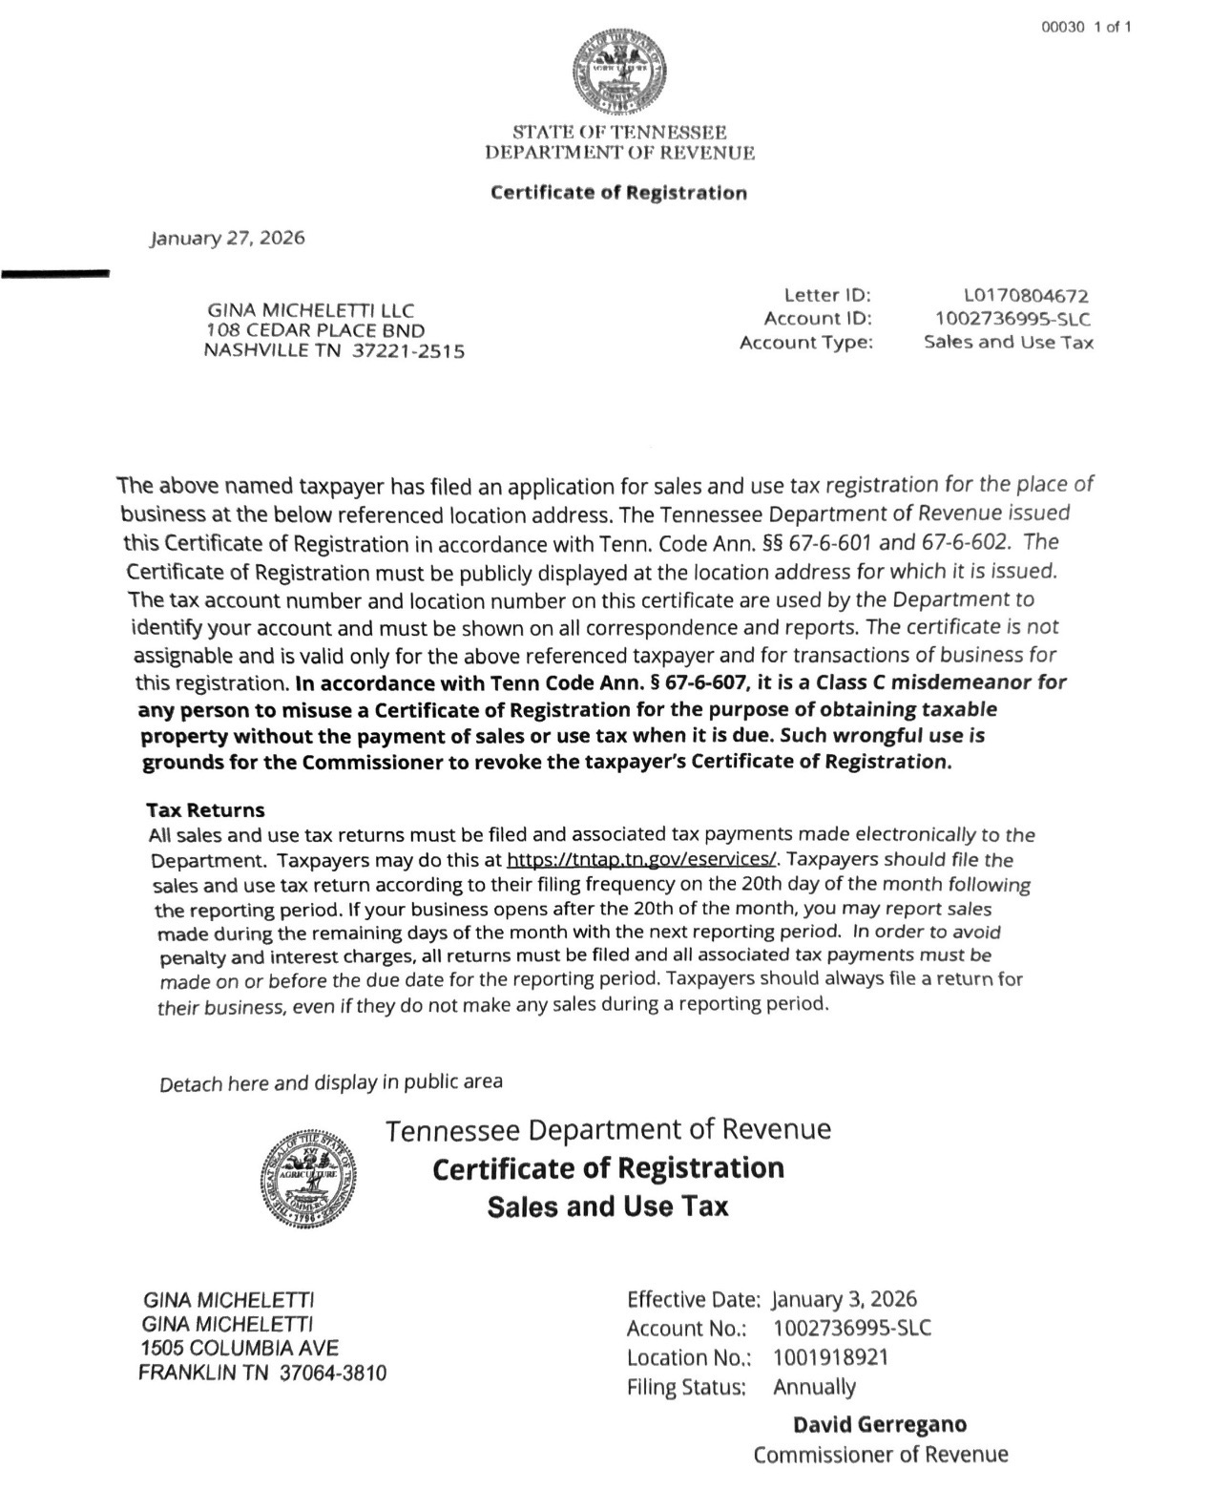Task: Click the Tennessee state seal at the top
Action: coord(619,70)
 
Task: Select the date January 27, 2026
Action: coord(227,238)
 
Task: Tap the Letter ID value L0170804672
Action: coord(1026,296)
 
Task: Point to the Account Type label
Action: coord(806,342)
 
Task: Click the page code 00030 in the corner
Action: coord(1063,27)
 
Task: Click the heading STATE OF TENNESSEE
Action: coord(619,132)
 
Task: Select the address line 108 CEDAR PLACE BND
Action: coord(315,330)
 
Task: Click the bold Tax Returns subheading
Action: coord(205,810)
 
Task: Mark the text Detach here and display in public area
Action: coord(330,1083)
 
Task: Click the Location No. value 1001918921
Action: coord(830,1357)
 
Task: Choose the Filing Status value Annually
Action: coord(814,1387)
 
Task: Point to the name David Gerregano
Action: coord(880,1424)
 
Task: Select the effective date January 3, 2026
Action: coord(844,1299)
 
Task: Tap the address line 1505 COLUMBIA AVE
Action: coord(239,1348)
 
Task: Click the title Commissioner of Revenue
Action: coord(880,1455)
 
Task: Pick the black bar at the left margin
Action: coord(55,274)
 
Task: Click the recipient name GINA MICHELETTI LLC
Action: coord(310,310)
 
